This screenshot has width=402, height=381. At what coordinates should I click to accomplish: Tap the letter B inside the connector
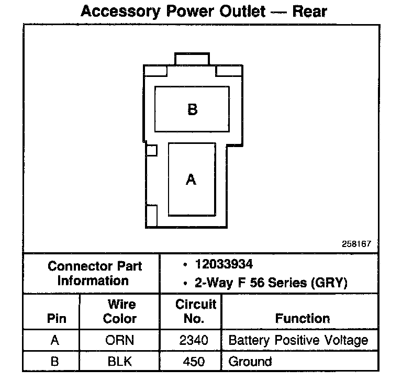click(x=192, y=109)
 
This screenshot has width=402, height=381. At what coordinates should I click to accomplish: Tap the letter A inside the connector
click(x=191, y=180)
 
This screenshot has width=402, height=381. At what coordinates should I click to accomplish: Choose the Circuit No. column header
click(x=196, y=311)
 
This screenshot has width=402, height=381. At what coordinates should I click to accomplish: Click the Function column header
click(x=303, y=318)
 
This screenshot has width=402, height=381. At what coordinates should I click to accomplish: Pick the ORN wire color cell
click(x=119, y=340)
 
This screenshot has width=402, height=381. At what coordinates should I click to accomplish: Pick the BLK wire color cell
click(x=119, y=361)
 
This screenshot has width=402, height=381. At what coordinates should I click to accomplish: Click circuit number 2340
click(x=194, y=340)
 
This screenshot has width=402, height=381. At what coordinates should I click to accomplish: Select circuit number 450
click(x=194, y=361)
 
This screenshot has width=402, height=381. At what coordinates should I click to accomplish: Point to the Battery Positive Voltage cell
click(x=298, y=340)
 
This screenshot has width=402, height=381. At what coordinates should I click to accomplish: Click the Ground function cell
click(x=250, y=361)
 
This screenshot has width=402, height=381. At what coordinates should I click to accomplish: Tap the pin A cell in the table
click(x=55, y=340)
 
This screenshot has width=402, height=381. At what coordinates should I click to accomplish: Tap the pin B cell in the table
click(x=55, y=361)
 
